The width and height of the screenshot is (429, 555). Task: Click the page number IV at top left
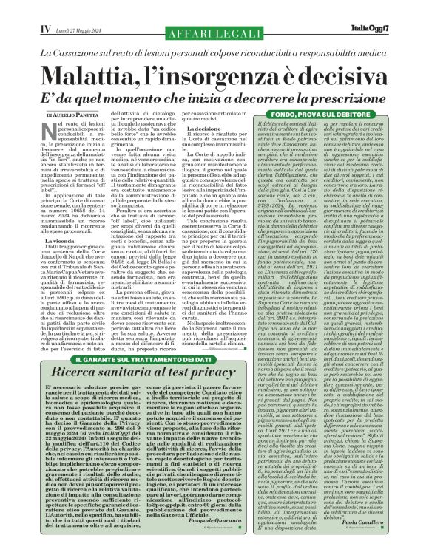pyautogui.click(x=22, y=8)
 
